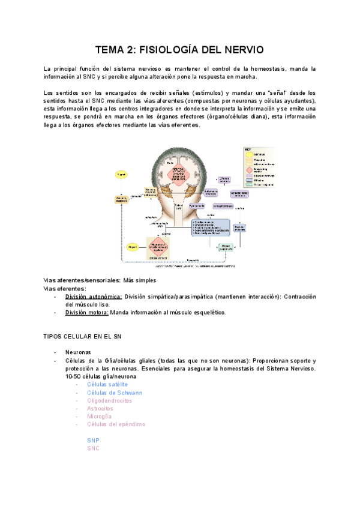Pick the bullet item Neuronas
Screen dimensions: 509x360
coord(78,352)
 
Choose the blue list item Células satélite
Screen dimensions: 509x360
coord(107,384)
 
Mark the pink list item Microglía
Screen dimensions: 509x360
coord(99,416)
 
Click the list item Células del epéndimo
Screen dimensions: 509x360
coord(116,424)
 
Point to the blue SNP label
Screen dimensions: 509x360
coord(93,440)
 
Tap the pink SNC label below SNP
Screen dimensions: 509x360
coord(93,448)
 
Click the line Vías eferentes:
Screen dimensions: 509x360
coord(65,288)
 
